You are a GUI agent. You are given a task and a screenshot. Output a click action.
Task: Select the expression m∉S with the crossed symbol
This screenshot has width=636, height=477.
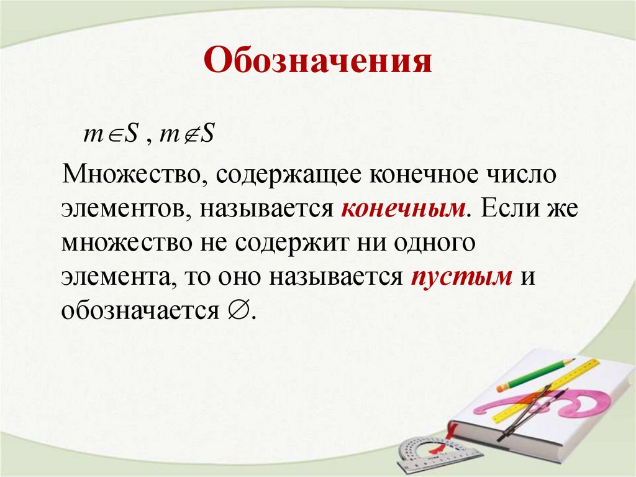coord(187,135)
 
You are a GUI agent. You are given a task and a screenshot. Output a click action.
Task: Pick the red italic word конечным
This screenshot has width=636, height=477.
coord(403,208)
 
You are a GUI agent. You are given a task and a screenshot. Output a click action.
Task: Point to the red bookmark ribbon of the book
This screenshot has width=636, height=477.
coord(452,430)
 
